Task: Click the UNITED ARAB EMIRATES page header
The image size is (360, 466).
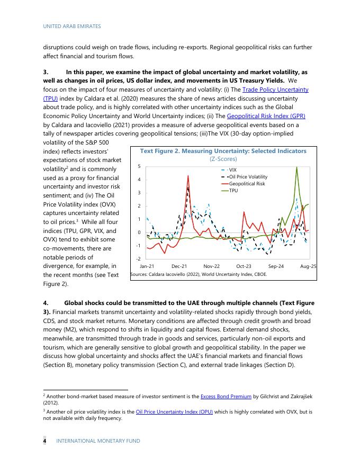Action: [72, 26]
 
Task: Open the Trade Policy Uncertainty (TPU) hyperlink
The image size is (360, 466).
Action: [275, 89]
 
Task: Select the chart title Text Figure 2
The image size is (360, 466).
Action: [223, 151]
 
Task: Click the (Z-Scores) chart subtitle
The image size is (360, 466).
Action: [223, 159]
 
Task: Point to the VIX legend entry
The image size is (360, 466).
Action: [232, 169]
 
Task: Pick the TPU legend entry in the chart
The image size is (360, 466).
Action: [233, 191]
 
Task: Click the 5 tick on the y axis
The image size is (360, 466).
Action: [139, 166]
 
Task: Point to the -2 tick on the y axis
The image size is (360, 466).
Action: [138, 258]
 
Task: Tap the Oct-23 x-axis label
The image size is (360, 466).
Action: [244, 266]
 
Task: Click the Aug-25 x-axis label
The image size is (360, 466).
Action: [308, 266]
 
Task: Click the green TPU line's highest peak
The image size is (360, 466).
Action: [296, 167]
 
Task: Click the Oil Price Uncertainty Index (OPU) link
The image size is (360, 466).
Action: [174, 411]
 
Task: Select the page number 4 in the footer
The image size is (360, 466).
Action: [44, 441]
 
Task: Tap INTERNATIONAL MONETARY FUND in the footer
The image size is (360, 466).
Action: [98, 441]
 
